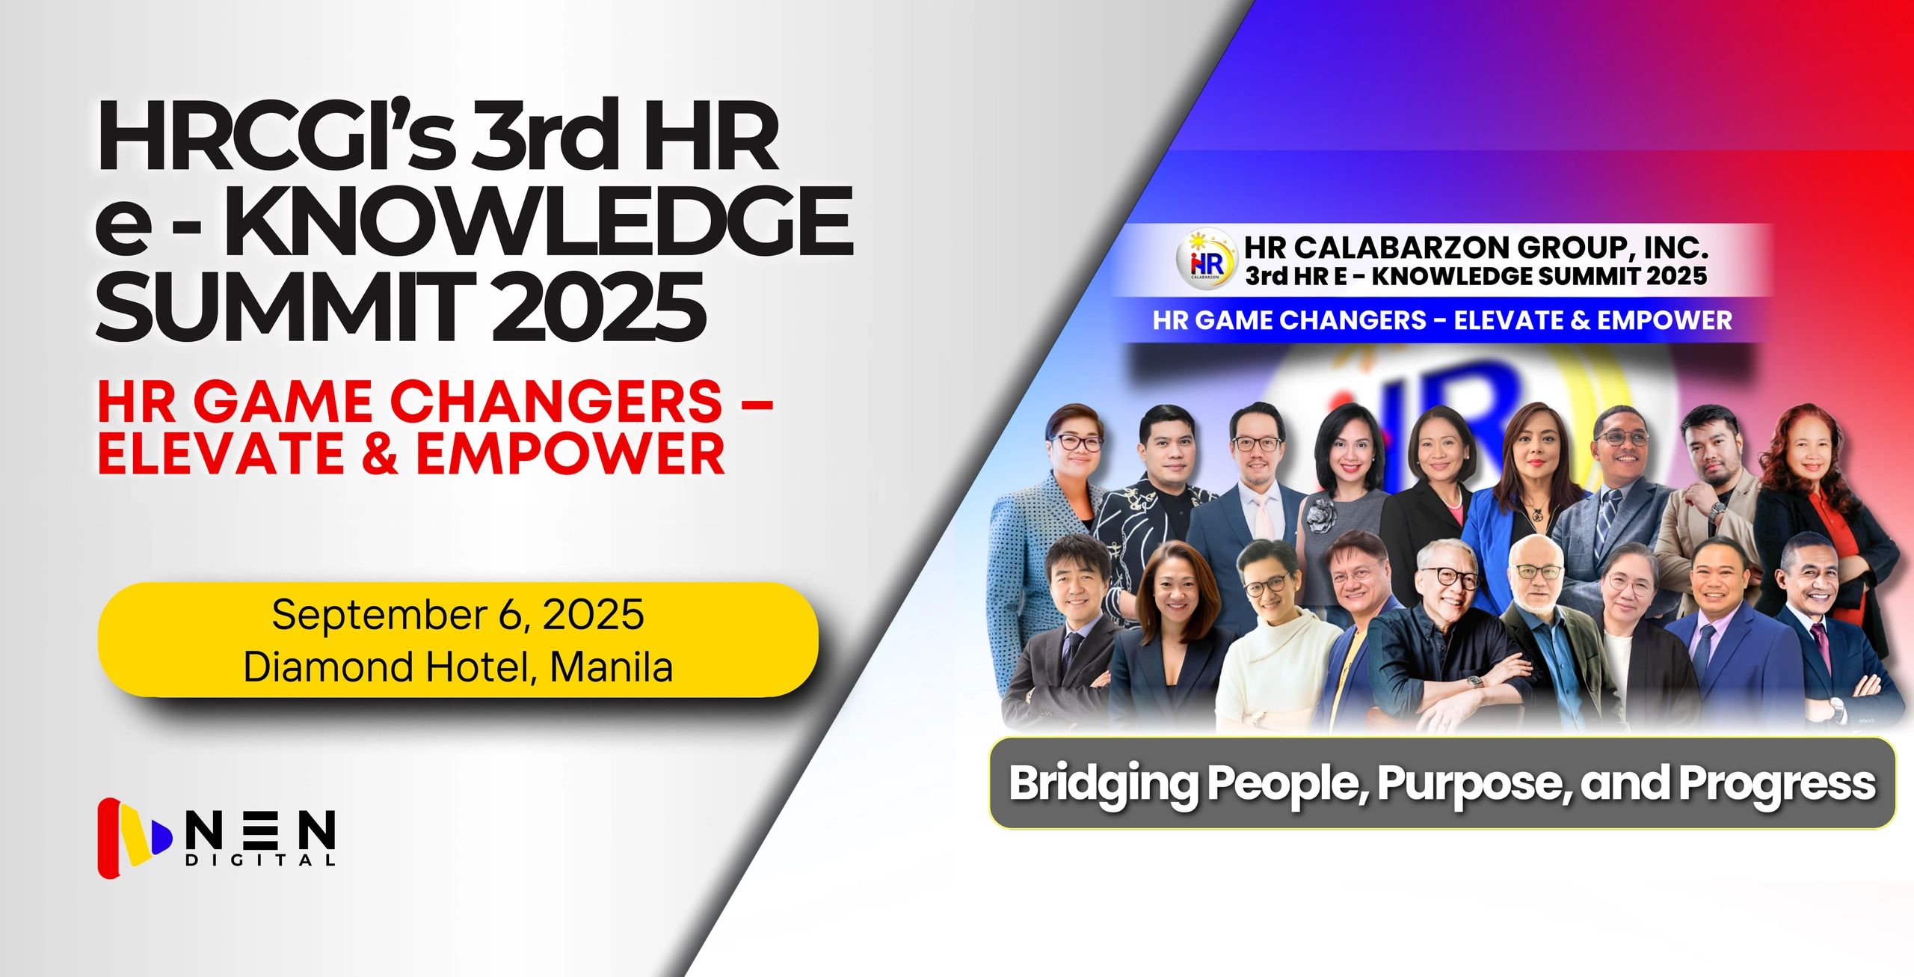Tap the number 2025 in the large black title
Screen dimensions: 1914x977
point(598,306)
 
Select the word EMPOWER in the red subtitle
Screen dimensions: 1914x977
point(570,453)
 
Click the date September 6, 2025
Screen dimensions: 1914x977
point(458,615)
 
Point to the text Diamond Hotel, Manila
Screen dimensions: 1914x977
point(458,667)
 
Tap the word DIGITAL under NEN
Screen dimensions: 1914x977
point(260,860)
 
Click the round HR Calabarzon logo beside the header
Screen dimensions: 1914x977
point(1207,259)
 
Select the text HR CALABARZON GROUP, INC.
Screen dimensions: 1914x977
point(1476,247)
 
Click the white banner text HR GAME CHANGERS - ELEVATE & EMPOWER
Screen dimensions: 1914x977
point(1442,320)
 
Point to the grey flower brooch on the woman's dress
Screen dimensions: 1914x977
point(1320,516)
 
